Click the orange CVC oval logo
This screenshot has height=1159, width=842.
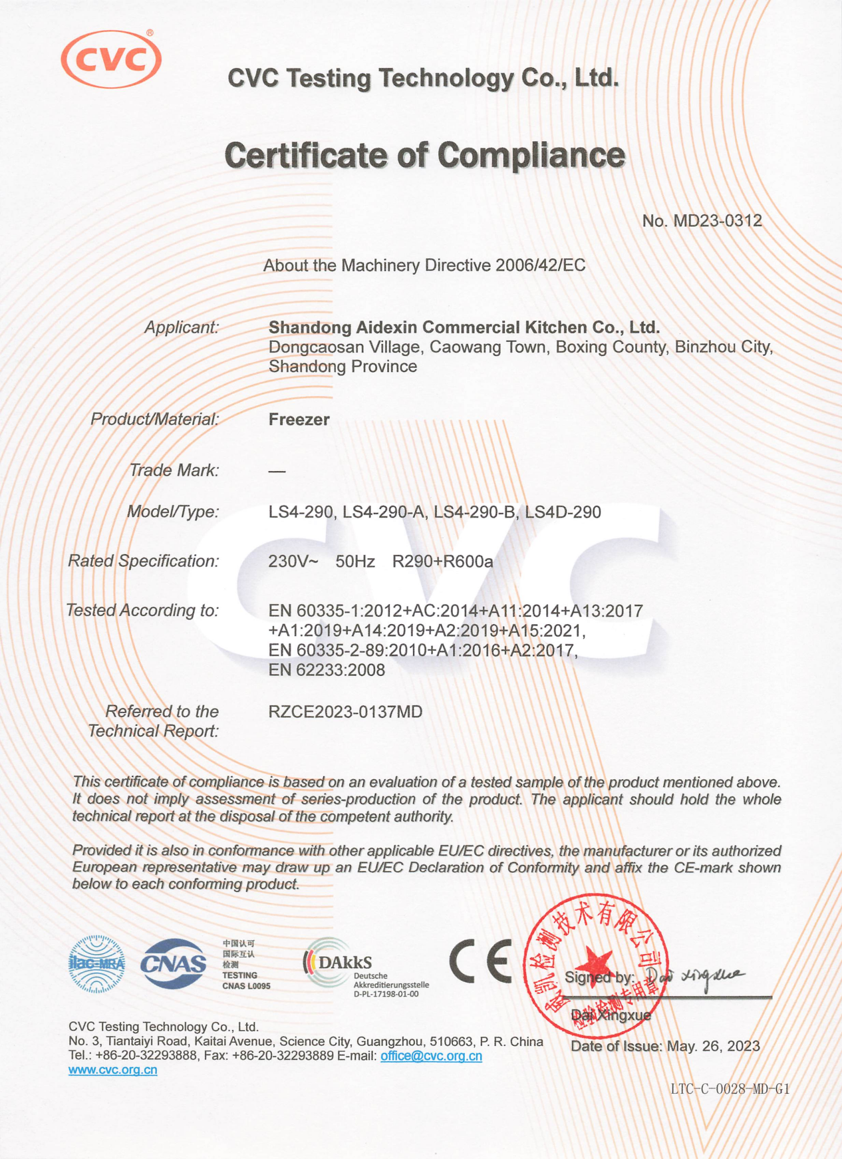pyautogui.click(x=111, y=59)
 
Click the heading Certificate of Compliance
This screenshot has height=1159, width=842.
pyautogui.click(x=424, y=156)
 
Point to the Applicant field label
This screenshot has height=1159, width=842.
pyautogui.click(x=182, y=327)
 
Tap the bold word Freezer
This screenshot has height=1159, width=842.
pyautogui.click(x=299, y=420)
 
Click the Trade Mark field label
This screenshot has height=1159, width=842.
pyautogui.click(x=174, y=470)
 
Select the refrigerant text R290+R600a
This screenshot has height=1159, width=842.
pyautogui.click(x=442, y=562)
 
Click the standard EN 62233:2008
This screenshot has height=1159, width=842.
pyautogui.click(x=327, y=670)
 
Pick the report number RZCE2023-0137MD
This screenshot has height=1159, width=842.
pyautogui.click(x=345, y=712)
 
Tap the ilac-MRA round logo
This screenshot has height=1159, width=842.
pyautogui.click(x=96, y=964)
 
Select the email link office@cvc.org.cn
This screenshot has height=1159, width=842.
pyautogui.click(x=431, y=1056)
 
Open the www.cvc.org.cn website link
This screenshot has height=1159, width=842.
pyautogui.click(x=113, y=1070)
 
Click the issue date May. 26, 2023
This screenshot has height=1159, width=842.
pyautogui.click(x=713, y=1047)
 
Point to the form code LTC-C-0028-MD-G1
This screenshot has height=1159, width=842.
pyautogui.click(x=730, y=1089)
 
